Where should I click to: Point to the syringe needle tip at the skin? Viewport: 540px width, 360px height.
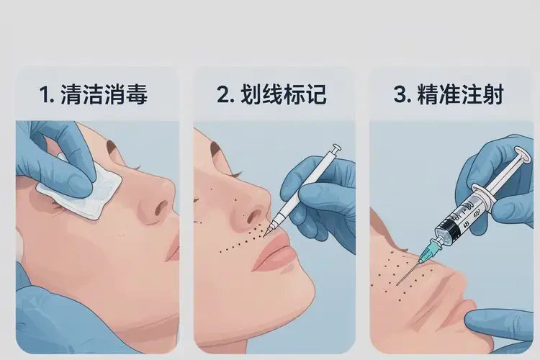397,284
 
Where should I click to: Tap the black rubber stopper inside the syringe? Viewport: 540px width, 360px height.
449,229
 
